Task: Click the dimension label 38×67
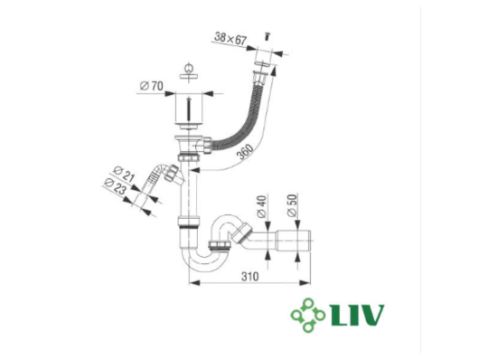230,39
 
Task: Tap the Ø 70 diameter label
152,86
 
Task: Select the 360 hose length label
246,151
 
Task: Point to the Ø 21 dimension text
124,174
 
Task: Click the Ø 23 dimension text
115,186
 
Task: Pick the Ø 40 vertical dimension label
262,206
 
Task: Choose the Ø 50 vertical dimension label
292,205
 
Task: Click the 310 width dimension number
249,277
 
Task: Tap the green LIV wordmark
357,315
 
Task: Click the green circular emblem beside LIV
308,315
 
